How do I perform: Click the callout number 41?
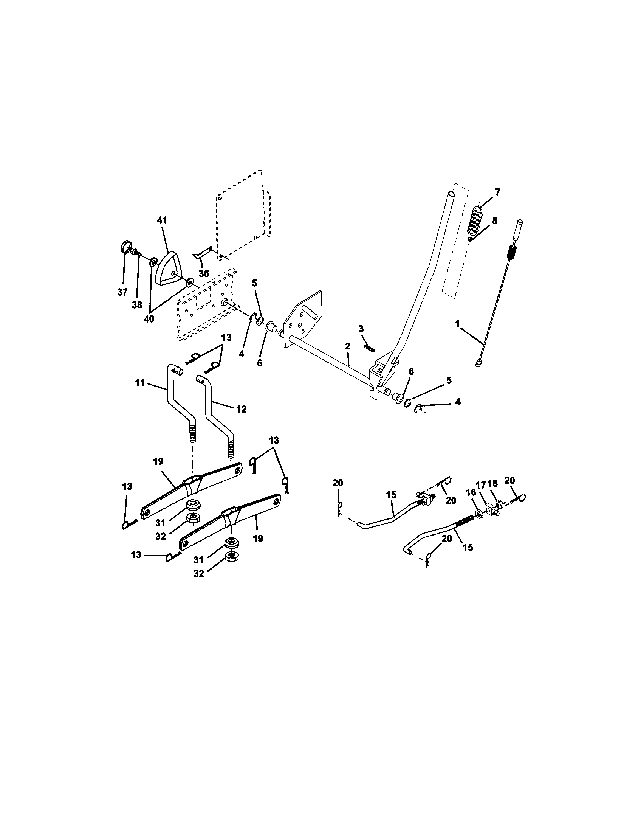(x=162, y=220)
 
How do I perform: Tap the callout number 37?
(x=122, y=292)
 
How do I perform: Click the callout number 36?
(x=204, y=273)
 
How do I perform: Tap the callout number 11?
(x=140, y=382)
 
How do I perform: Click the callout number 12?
(x=242, y=409)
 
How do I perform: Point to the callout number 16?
(x=471, y=492)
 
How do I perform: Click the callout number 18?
(x=492, y=483)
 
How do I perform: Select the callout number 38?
(x=137, y=305)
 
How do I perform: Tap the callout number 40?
(x=149, y=319)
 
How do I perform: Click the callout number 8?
(x=494, y=221)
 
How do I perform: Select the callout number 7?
(x=497, y=191)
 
